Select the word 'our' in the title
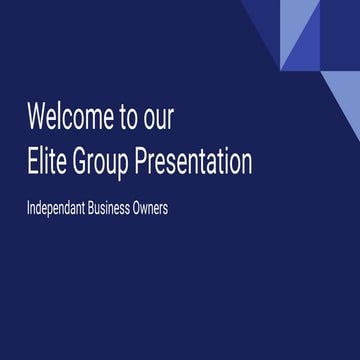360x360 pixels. coord(159,119)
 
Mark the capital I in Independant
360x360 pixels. coord(30,212)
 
